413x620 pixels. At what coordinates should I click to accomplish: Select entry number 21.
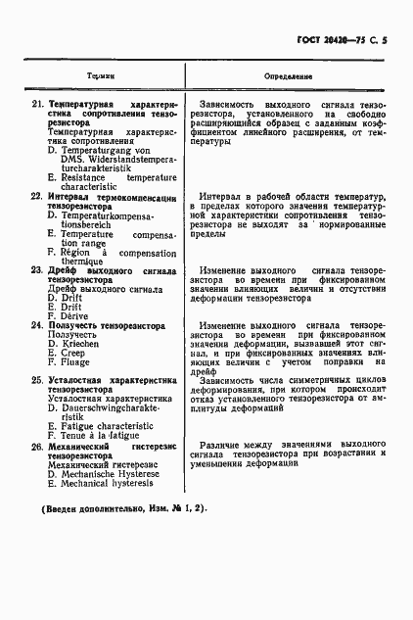tap(37, 103)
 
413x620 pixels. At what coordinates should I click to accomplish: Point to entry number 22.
tap(37, 197)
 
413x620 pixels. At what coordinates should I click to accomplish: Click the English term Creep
tap(77, 352)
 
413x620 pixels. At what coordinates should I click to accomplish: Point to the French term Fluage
tap(81, 361)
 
